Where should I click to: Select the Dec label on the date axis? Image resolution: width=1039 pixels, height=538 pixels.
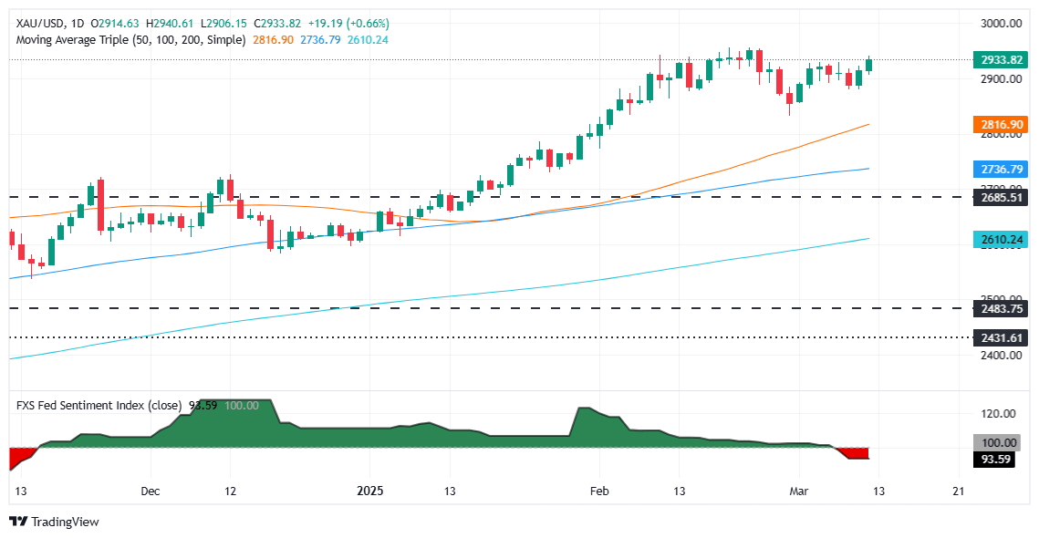tap(151, 491)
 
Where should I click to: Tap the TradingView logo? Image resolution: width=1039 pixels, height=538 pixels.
tap(54, 522)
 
